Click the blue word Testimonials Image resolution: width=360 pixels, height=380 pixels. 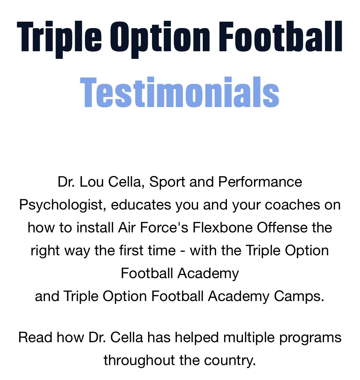point(180,92)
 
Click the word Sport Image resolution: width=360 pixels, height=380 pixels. point(167,182)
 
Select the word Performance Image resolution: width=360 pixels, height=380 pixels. point(260,182)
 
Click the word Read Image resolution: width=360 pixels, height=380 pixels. point(35,338)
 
